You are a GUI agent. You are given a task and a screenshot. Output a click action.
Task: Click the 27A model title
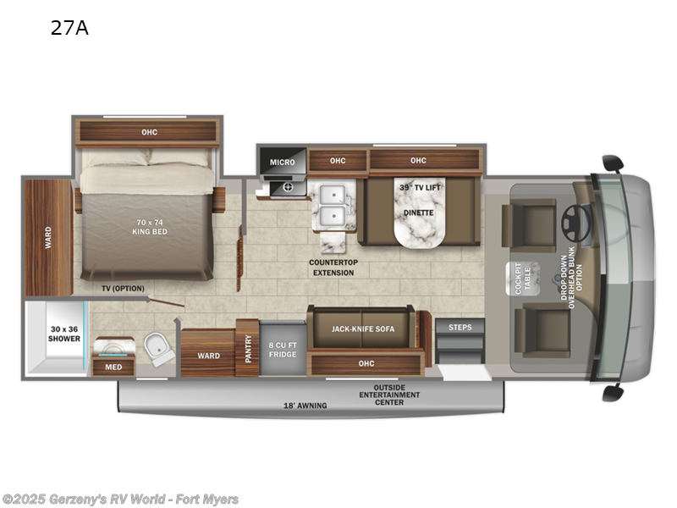[x=69, y=29]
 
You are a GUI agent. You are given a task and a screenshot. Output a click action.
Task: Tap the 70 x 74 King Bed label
[x=149, y=229]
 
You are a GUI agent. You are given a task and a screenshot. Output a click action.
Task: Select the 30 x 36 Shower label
[x=64, y=333]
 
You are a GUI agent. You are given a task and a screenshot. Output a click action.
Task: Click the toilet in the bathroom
[x=157, y=348]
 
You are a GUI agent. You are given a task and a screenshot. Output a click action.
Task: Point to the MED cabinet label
[x=113, y=367]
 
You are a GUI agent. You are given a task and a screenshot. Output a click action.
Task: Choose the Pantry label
[x=248, y=348]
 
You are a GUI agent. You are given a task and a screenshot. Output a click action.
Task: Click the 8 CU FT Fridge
[x=283, y=349]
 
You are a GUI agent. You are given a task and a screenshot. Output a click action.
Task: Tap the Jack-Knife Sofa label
[x=365, y=329]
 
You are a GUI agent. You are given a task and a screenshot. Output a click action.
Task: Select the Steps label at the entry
[x=460, y=327]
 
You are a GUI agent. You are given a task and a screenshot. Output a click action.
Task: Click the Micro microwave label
[x=282, y=162]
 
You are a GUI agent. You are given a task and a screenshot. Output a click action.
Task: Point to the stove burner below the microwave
[x=288, y=187]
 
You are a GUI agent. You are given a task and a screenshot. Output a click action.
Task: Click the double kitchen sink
[x=333, y=204]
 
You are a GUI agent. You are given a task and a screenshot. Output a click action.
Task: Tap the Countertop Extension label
[x=333, y=268]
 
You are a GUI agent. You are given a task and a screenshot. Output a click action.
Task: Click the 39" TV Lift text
[x=421, y=186]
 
